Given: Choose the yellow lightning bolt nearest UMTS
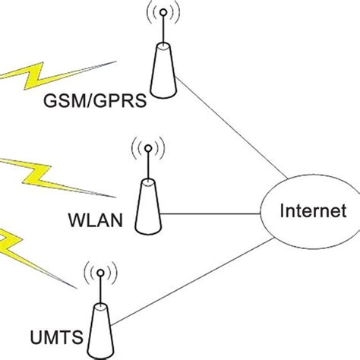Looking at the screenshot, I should (9, 245).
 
